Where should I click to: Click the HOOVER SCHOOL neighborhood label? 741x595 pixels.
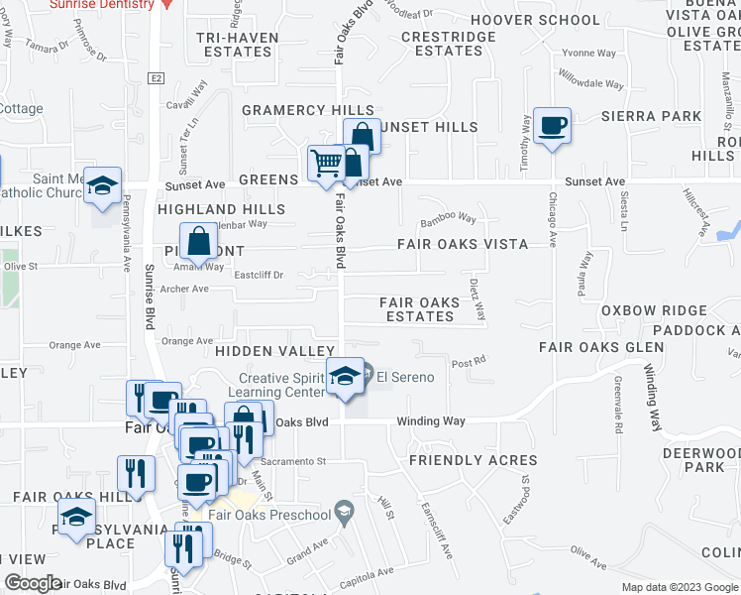[535, 20]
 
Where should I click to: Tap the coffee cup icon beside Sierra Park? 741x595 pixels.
[552, 127]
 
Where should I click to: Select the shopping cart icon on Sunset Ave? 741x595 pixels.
[326, 164]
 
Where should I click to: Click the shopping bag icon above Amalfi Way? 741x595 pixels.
[199, 242]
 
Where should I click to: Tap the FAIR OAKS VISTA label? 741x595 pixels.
[462, 243]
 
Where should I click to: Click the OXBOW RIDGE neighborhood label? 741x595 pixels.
[642, 310]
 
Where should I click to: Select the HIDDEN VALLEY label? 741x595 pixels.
[275, 352]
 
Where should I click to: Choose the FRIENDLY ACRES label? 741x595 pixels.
[473, 460]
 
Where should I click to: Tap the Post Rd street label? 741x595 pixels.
[468, 363]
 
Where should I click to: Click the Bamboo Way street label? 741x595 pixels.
[448, 219]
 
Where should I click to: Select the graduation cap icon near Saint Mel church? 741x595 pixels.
[102, 186]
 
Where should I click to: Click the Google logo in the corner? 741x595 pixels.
[32, 583]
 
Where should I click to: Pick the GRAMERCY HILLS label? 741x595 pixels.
[308, 111]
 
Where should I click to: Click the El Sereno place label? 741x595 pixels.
[404, 377]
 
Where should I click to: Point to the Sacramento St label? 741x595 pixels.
[293, 461]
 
